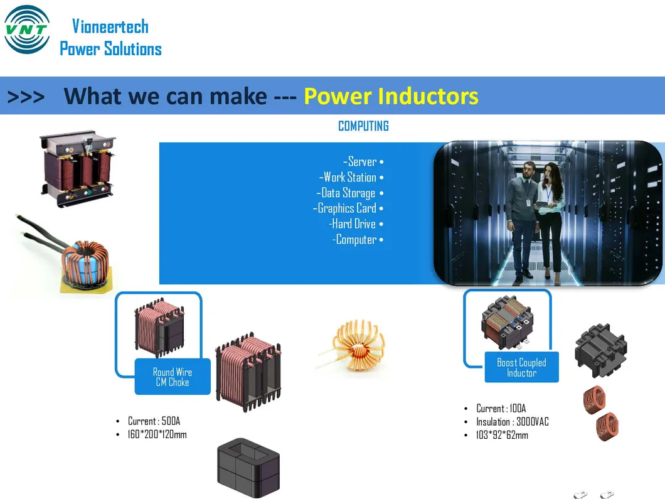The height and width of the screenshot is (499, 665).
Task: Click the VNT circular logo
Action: point(26,30)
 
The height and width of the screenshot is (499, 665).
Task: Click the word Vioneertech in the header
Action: point(110,26)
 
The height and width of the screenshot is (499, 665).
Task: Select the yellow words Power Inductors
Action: point(390,96)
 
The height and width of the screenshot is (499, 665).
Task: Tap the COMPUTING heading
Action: point(363,126)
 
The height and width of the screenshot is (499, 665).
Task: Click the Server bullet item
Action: point(363,162)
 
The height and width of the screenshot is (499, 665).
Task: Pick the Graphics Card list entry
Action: point(348,208)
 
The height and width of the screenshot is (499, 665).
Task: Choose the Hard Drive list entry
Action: point(355,224)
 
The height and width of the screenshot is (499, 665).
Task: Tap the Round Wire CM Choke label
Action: point(173,377)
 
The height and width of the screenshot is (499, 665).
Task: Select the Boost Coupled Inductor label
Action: point(521,367)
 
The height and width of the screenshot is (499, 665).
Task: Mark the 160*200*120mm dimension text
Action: point(157,434)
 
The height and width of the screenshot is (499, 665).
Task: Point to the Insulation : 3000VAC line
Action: point(512,422)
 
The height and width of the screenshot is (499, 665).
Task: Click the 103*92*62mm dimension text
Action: point(502,435)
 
